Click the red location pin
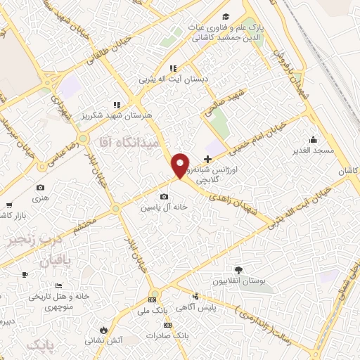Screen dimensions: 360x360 (181, 165)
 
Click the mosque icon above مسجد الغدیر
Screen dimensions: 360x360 (311, 139)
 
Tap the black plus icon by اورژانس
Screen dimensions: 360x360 (207, 160)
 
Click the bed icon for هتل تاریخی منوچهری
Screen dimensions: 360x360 (59, 285)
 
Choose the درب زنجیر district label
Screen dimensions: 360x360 (31, 240)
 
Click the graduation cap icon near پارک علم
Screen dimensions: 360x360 (225, 17)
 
